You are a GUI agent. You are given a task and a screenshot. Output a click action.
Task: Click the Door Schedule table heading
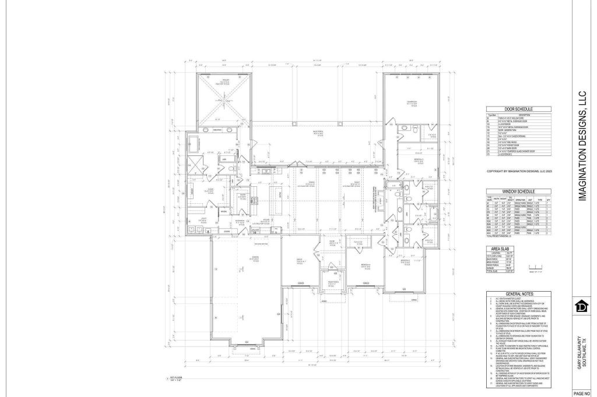pos(518,109)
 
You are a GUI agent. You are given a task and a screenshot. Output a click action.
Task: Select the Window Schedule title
pos(518,192)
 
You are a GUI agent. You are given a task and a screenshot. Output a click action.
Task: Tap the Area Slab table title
pos(501,248)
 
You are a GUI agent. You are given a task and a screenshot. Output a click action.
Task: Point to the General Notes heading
pos(518,293)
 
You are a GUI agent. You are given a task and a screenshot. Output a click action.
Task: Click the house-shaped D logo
pos(581,305)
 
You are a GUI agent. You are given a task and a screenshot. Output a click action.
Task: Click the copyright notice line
pos(518,172)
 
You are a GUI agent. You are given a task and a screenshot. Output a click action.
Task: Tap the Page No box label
pos(585,393)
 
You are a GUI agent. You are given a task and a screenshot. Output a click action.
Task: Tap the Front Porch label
pos(331,283)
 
